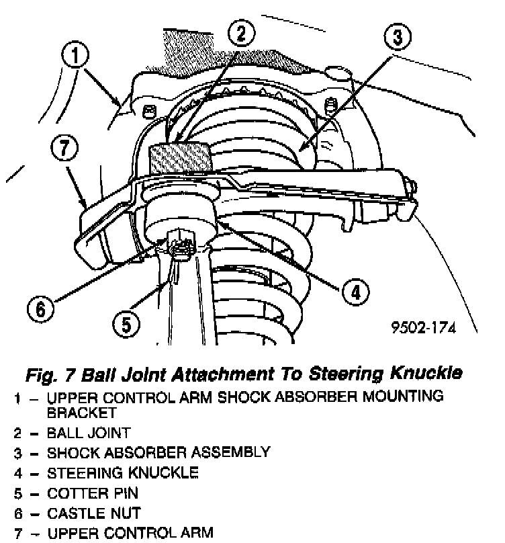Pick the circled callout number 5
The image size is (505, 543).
click(127, 326)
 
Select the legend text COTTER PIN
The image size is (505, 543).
click(92, 493)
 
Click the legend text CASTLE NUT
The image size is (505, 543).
click(93, 513)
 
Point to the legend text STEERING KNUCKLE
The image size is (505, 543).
click(122, 473)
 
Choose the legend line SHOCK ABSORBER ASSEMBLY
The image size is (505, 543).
click(158, 452)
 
